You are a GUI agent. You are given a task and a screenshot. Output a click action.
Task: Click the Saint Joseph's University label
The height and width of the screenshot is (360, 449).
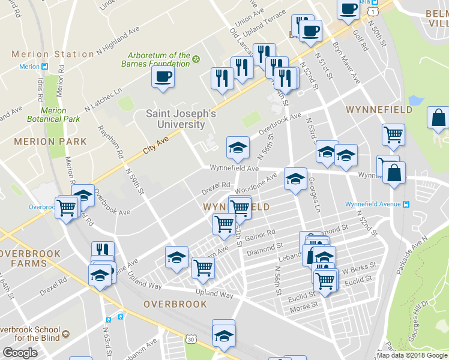click(x=176, y=119)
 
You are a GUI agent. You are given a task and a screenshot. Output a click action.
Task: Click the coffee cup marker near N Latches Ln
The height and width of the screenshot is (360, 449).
click(x=163, y=77)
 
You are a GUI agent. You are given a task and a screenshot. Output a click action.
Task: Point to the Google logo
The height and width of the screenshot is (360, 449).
click(x=20, y=353)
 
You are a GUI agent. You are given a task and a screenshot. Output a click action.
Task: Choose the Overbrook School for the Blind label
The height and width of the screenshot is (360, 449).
click(x=30, y=334)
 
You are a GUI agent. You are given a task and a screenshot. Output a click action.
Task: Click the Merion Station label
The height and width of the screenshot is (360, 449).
click(x=53, y=54)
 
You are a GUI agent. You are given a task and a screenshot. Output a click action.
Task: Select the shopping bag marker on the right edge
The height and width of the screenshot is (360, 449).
click(x=438, y=119)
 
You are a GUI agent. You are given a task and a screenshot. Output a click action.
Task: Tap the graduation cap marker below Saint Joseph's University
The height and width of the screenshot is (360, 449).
click(x=238, y=148)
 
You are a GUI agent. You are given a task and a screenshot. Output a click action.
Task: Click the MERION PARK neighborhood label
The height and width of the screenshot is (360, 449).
click(x=50, y=142)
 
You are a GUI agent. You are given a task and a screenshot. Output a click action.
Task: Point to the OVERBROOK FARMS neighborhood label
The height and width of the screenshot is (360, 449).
click(x=30, y=258)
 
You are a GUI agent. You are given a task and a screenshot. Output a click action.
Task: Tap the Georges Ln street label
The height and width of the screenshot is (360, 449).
click(x=315, y=187)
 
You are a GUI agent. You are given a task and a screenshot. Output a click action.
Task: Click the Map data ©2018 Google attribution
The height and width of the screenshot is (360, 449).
click(x=412, y=355)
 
